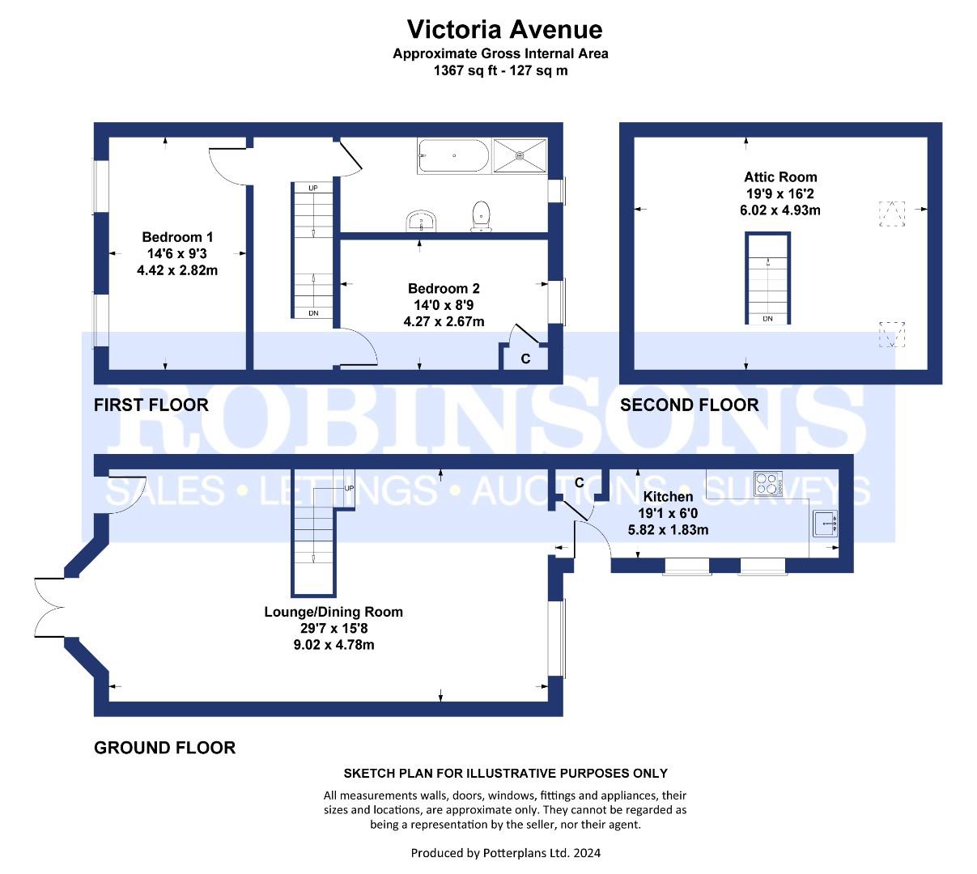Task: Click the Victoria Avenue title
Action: click(x=504, y=30)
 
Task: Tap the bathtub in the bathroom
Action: click(x=453, y=155)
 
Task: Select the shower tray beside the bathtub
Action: click(x=520, y=155)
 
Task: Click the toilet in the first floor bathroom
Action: click(x=481, y=216)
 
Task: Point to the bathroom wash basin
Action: click(x=422, y=221)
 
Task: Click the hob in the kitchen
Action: click(x=767, y=483)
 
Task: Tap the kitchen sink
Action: click(x=825, y=523)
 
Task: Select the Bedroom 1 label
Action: click(x=177, y=237)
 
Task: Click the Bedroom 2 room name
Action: click(x=444, y=288)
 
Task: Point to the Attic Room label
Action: click(x=780, y=177)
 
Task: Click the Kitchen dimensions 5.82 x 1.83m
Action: click(x=668, y=530)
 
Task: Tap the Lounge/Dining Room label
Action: click(x=333, y=612)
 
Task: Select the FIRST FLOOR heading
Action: click(x=151, y=405)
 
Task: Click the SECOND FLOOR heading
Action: click(x=689, y=405)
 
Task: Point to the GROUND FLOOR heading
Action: click(x=164, y=748)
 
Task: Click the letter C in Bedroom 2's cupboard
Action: click(x=525, y=359)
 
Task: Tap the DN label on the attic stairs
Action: click(x=767, y=319)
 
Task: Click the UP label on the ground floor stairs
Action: click(x=349, y=488)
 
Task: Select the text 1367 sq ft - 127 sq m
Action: click(x=500, y=70)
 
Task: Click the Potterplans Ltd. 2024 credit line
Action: click(x=505, y=853)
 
